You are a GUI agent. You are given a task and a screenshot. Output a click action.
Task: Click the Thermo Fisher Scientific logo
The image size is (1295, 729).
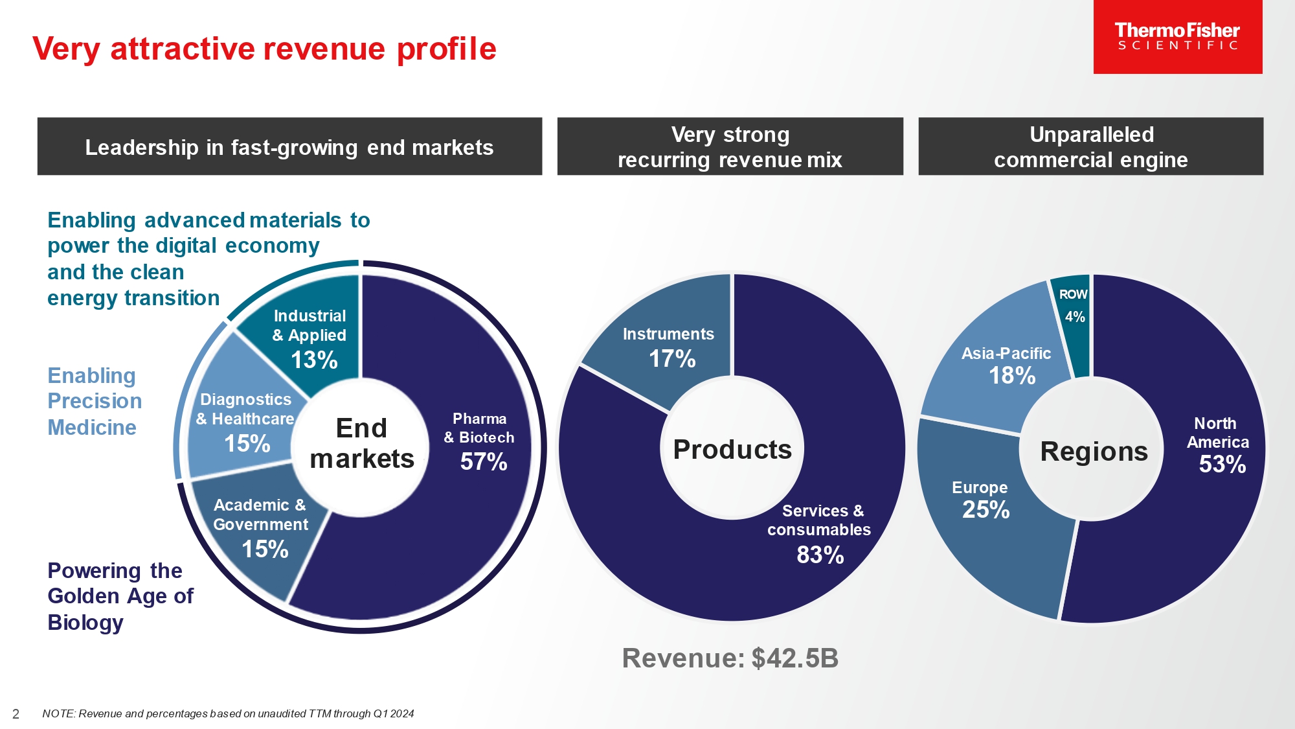click(1177, 36)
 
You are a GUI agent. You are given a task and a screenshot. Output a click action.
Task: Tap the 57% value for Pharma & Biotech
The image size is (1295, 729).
click(483, 462)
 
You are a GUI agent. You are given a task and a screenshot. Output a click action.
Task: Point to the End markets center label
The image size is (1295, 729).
click(361, 444)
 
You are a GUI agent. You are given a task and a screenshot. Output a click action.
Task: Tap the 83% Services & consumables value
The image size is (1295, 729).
click(820, 555)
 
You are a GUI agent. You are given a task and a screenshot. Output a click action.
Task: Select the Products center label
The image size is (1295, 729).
click(732, 450)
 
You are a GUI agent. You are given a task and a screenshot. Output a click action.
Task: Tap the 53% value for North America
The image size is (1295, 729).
click(1222, 465)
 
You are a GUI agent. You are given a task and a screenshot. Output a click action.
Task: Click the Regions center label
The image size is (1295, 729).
click(1094, 452)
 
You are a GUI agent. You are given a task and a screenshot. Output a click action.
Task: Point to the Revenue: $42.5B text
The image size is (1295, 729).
click(730, 658)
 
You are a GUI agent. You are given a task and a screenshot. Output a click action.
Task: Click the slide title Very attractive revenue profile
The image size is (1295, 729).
click(264, 49)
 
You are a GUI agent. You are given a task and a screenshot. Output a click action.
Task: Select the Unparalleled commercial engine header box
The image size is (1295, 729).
click(1090, 146)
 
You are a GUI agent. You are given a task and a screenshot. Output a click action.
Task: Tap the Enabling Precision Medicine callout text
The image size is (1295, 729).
click(95, 402)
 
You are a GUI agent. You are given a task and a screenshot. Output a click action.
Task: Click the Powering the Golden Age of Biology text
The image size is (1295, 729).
click(120, 596)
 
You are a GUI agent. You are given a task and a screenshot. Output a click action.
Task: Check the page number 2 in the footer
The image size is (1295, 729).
click(16, 714)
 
